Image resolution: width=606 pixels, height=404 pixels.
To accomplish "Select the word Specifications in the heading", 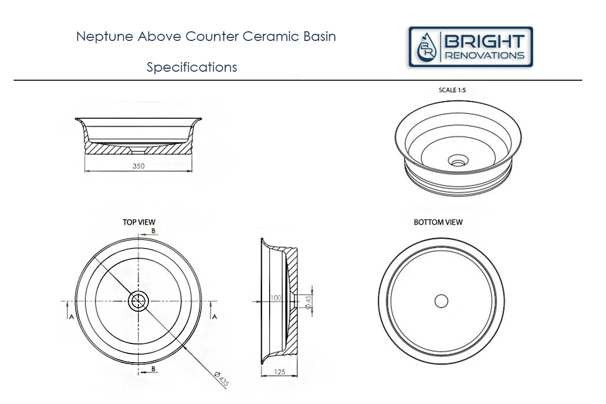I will (x=192, y=67).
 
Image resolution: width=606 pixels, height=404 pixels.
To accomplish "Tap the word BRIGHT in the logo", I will (x=484, y=41).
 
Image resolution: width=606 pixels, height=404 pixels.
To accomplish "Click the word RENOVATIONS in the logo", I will (x=484, y=56).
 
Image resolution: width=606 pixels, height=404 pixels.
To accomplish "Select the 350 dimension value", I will (x=138, y=166).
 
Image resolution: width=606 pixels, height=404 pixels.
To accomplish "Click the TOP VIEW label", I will (x=139, y=222).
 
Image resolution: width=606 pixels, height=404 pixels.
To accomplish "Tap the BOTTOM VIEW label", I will (x=438, y=222).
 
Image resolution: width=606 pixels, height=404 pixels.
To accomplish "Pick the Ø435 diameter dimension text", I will (x=222, y=379).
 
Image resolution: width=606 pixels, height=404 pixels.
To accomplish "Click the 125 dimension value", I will (x=279, y=372).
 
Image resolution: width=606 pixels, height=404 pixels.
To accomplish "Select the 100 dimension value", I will (x=275, y=298).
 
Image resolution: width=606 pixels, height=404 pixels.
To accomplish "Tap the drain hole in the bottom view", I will (x=441, y=301).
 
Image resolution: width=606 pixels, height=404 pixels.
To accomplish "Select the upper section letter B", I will (x=154, y=231).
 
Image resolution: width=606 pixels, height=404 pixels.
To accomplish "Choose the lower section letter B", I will (x=154, y=369).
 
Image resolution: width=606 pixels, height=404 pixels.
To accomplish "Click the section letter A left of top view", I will (x=71, y=316).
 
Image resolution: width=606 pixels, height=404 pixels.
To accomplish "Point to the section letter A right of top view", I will (x=215, y=316).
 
